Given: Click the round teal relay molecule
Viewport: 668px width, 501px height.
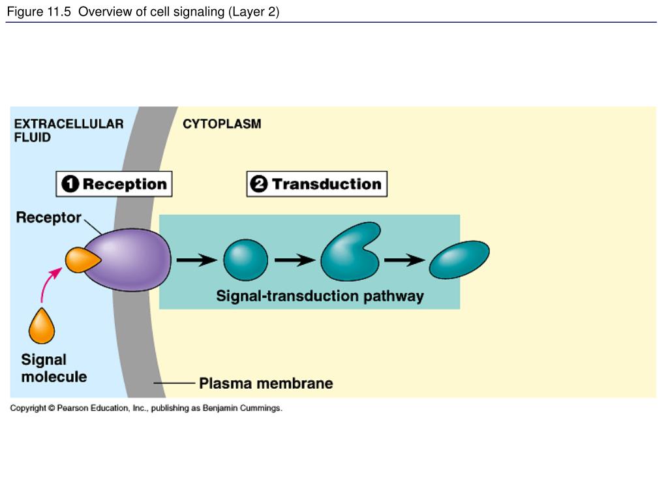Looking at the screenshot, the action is click(x=246, y=260).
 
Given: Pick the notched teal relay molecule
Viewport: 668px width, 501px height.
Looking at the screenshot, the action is click(x=350, y=252).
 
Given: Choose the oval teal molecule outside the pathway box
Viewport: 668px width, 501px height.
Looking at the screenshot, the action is click(x=459, y=260).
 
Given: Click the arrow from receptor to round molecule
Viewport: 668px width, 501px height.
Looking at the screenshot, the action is click(x=197, y=260).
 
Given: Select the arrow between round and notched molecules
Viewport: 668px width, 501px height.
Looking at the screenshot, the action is click(x=295, y=260).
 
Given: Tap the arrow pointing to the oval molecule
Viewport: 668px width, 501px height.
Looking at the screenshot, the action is click(x=404, y=260).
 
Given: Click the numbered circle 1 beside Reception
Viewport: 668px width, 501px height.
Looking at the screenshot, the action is click(x=70, y=184).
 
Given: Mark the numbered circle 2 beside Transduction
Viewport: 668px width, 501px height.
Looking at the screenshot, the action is click(x=258, y=184).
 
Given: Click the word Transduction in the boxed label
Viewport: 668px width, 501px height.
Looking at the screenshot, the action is click(x=327, y=184).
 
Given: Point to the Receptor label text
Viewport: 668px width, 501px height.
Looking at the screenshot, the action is click(x=48, y=217).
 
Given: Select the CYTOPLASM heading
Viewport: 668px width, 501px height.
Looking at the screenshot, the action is click(x=222, y=124).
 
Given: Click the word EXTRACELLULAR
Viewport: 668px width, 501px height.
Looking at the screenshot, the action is click(x=69, y=124).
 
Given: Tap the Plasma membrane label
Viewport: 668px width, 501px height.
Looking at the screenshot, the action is click(x=266, y=384).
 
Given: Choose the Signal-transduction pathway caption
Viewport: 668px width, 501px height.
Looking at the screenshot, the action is click(x=320, y=296).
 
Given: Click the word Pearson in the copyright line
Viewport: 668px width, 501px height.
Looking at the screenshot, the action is click(x=72, y=408).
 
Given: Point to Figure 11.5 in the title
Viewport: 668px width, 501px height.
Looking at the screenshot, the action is click(x=38, y=12).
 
